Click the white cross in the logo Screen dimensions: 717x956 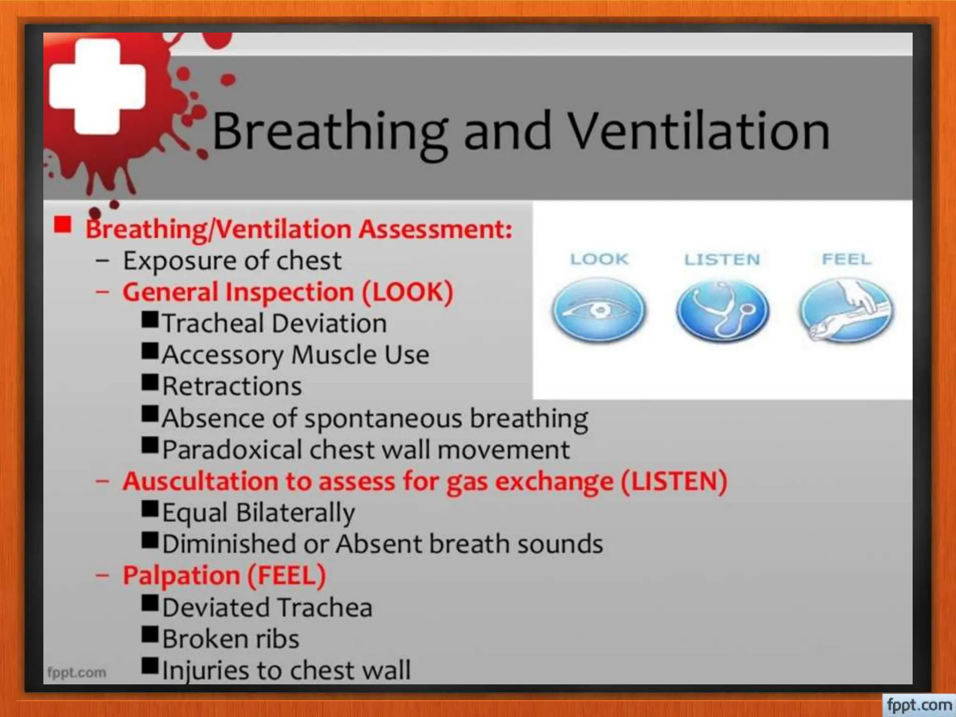(97, 86)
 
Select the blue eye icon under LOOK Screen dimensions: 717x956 (599, 309)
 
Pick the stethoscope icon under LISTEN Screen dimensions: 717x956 (722, 309)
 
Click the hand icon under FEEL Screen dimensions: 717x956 (846, 309)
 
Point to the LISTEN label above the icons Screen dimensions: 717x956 (722, 259)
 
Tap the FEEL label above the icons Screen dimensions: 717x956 (846, 259)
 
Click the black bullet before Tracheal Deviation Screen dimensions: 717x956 (150, 320)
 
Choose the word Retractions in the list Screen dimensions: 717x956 (232, 387)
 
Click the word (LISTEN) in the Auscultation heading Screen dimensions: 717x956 (674, 481)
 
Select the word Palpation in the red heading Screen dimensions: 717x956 (181, 576)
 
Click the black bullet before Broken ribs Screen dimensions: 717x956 (150, 635)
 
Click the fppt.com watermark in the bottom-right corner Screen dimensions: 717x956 (918, 704)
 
